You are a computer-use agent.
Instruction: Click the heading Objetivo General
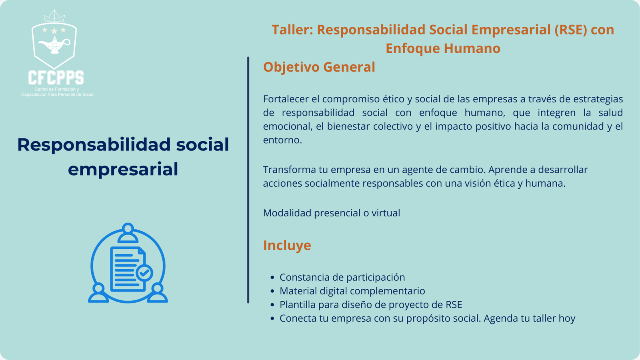click(x=319, y=67)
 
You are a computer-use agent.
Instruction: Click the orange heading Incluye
click(x=287, y=245)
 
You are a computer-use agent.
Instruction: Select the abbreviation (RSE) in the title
click(x=570, y=30)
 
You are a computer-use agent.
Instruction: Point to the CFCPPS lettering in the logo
click(x=56, y=78)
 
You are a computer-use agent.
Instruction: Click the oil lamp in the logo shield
click(x=54, y=45)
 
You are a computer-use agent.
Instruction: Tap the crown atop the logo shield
click(x=54, y=16)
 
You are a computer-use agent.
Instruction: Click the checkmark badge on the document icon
click(x=144, y=273)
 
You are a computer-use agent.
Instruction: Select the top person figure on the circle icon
click(x=128, y=233)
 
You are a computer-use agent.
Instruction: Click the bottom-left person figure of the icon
click(x=98, y=293)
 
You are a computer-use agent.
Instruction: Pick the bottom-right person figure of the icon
click(x=158, y=293)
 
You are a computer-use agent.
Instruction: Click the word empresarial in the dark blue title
click(x=123, y=170)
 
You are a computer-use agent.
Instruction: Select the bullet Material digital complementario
click(x=352, y=291)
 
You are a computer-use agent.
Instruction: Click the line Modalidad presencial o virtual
click(x=332, y=213)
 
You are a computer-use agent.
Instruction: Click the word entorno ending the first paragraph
click(x=282, y=140)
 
